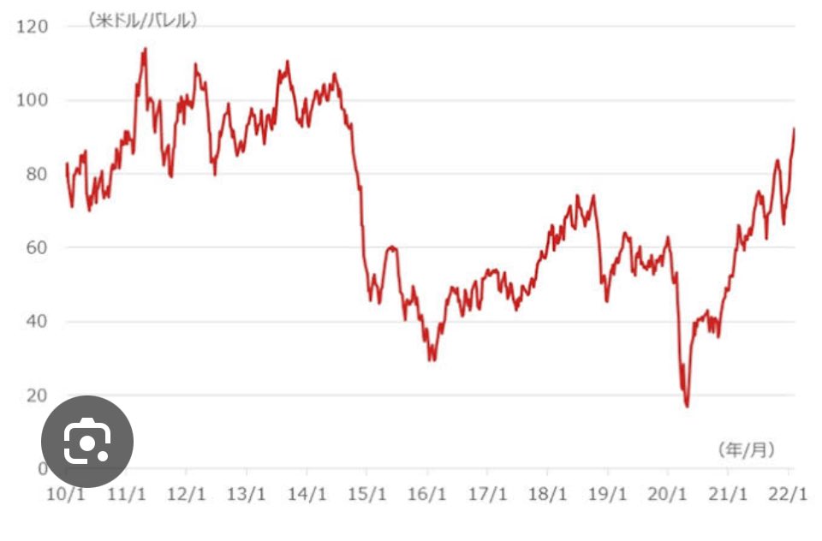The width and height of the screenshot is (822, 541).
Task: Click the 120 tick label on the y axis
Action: pyautogui.click(x=32, y=27)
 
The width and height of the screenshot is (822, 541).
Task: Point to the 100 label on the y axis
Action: pyautogui.click(x=32, y=99)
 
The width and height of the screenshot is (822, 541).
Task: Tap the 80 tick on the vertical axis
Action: pyautogui.click(x=37, y=174)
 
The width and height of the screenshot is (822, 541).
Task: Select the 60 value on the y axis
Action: pyautogui.click(x=37, y=247)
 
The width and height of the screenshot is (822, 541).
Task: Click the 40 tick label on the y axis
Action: pyautogui.click(x=37, y=321)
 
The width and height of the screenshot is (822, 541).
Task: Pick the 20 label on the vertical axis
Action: pyautogui.click(x=37, y=395)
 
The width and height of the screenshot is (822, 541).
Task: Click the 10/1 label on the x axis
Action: pyautogui.click(x=66, y=494)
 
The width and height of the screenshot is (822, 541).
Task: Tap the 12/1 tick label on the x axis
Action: pyautogui.click(x=186, y=494)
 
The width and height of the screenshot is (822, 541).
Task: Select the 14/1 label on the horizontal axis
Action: pyautogui.click(x=307, y=494)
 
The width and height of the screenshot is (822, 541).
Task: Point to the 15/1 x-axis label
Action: pyautogui.click(x=367, y=494)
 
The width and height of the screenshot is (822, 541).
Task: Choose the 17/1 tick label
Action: pyautogui.click(x=487, y=494)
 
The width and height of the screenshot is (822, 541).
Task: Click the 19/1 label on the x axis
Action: pyautogui.click(x=608, y=494)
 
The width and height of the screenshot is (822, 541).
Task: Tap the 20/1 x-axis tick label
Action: pyautogui.click(x=667, y=494)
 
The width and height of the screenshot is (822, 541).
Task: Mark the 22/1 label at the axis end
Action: pyautogui.click(x=788, y=494)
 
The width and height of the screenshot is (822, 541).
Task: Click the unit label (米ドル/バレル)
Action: pyautogui.click(x=143, y=21)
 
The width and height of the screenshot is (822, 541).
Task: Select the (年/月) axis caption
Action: pyautogui.click(x=746, y=449)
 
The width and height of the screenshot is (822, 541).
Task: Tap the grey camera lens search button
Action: pyautogui.click(x=87, y=442)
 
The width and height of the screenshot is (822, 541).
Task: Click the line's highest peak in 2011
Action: pyautogui.click(x=146, y=49)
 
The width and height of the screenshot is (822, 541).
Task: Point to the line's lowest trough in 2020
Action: pyautogui.click(x=687, y=406)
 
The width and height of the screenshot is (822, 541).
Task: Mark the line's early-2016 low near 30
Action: pyautogui.click(x=432, y=360)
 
